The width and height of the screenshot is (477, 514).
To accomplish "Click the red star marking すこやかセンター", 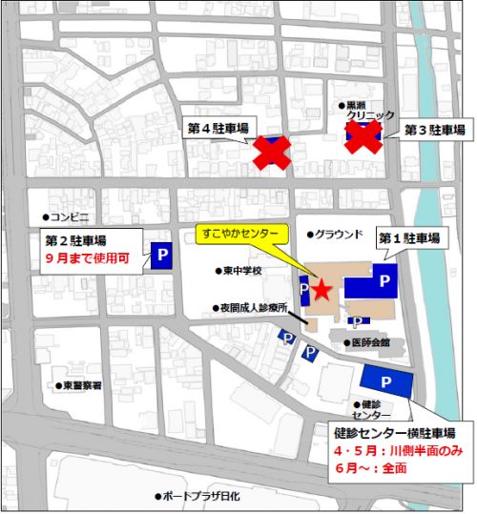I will click(322, 289).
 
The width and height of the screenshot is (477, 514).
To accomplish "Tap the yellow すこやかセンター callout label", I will click(242, 234).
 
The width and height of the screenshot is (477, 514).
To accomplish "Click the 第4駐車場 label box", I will click(218, 128).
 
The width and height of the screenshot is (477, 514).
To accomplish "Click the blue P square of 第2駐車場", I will click(160, 255).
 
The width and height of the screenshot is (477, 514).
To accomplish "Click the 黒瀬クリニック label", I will click(366, 110).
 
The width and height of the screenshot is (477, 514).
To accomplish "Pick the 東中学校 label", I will click(241, 271).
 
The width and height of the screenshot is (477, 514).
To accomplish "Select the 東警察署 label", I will click(82, 385).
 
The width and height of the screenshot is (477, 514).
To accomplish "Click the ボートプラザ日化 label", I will click(200, 497).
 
